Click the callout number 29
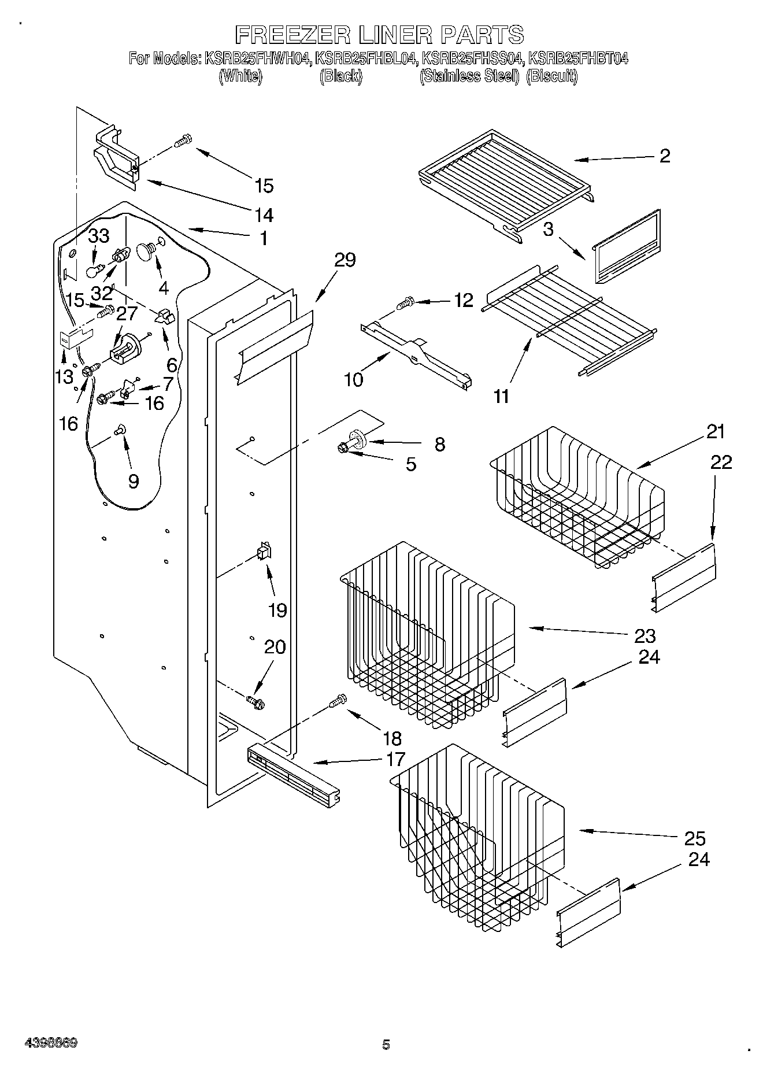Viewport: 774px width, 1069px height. coord(345,260)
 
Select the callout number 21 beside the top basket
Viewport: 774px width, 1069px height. coord(715,432)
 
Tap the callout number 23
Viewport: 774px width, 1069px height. coord(645,635)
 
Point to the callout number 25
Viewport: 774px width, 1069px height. coord(694,838)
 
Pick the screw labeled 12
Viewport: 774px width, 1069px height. coord(405,301)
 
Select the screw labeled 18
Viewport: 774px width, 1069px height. coord(337,701)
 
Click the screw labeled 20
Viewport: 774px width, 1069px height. coord(254,702)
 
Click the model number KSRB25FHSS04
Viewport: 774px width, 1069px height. coord(473,58)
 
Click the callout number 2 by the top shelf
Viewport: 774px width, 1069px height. coord(665,156)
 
